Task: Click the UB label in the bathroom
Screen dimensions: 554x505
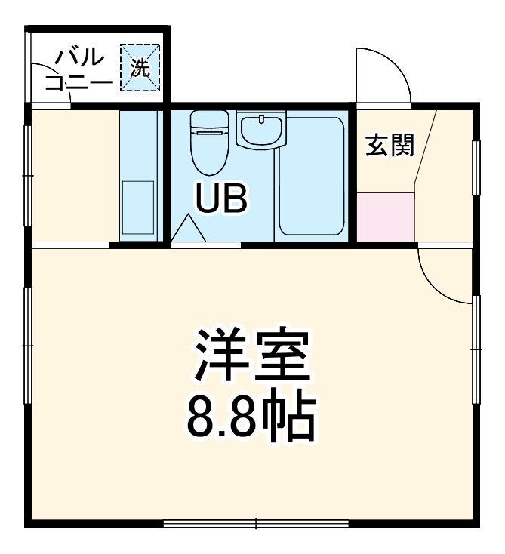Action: tap(221, 198)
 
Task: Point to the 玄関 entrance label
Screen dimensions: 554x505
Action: tap(390, 145)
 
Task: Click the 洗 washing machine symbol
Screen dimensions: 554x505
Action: tap(140, 67)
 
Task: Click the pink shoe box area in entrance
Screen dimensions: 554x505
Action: tap(386, 217)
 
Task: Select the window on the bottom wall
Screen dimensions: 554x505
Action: tap(255, 522)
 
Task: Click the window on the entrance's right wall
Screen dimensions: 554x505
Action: tap(476, 168)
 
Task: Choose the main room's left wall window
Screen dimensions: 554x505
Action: tap(28, 345)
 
